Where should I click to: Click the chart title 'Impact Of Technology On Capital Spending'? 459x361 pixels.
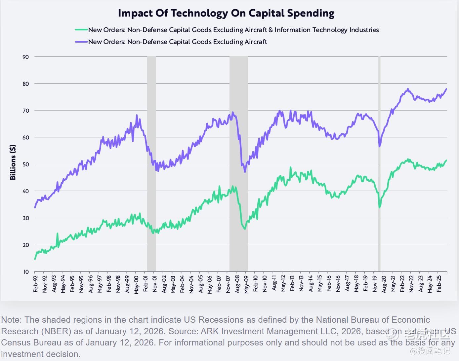(x=226, y=13)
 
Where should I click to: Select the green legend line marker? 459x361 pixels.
(x=81, y=30)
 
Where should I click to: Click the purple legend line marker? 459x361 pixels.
(x=81, y=42)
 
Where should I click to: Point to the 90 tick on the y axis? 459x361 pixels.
(x=26, y=57)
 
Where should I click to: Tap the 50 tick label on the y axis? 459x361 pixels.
(x=26, y=164)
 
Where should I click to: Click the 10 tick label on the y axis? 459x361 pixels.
(x=26, y=272)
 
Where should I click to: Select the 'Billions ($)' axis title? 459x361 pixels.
(x=13, y=162)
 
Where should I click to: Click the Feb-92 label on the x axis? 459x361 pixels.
(x=36, y=283)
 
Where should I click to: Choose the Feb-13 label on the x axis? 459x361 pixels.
(x=292, y=283)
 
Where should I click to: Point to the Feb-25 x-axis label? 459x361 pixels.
(x=439, y=283)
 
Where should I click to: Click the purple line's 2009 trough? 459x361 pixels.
(x=245, y=172)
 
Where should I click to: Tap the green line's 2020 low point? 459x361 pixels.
(x=379, y=207)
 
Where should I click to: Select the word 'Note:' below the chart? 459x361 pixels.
(x=12, y=320)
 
